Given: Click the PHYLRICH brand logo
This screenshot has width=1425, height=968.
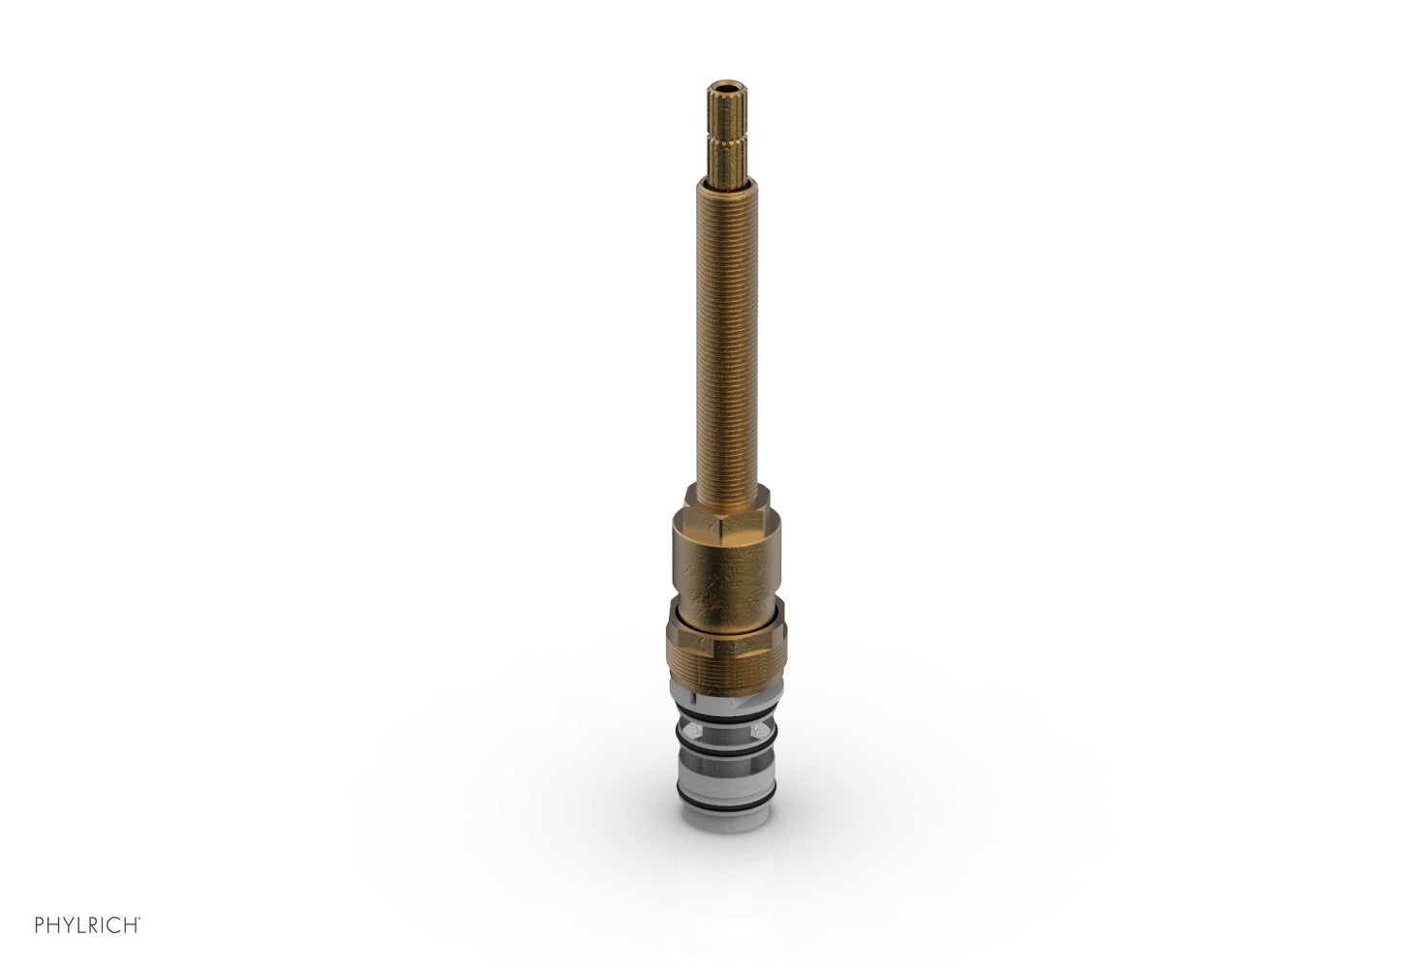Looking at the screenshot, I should tap(87, 925).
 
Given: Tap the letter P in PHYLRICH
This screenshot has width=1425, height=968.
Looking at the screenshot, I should tap(40, 925).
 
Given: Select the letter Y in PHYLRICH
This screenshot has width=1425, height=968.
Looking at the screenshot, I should tap(68, 925).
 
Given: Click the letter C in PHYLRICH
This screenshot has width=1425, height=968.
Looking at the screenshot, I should tap(117, 925).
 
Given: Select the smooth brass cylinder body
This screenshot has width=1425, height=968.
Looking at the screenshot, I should tap(725, 561).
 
